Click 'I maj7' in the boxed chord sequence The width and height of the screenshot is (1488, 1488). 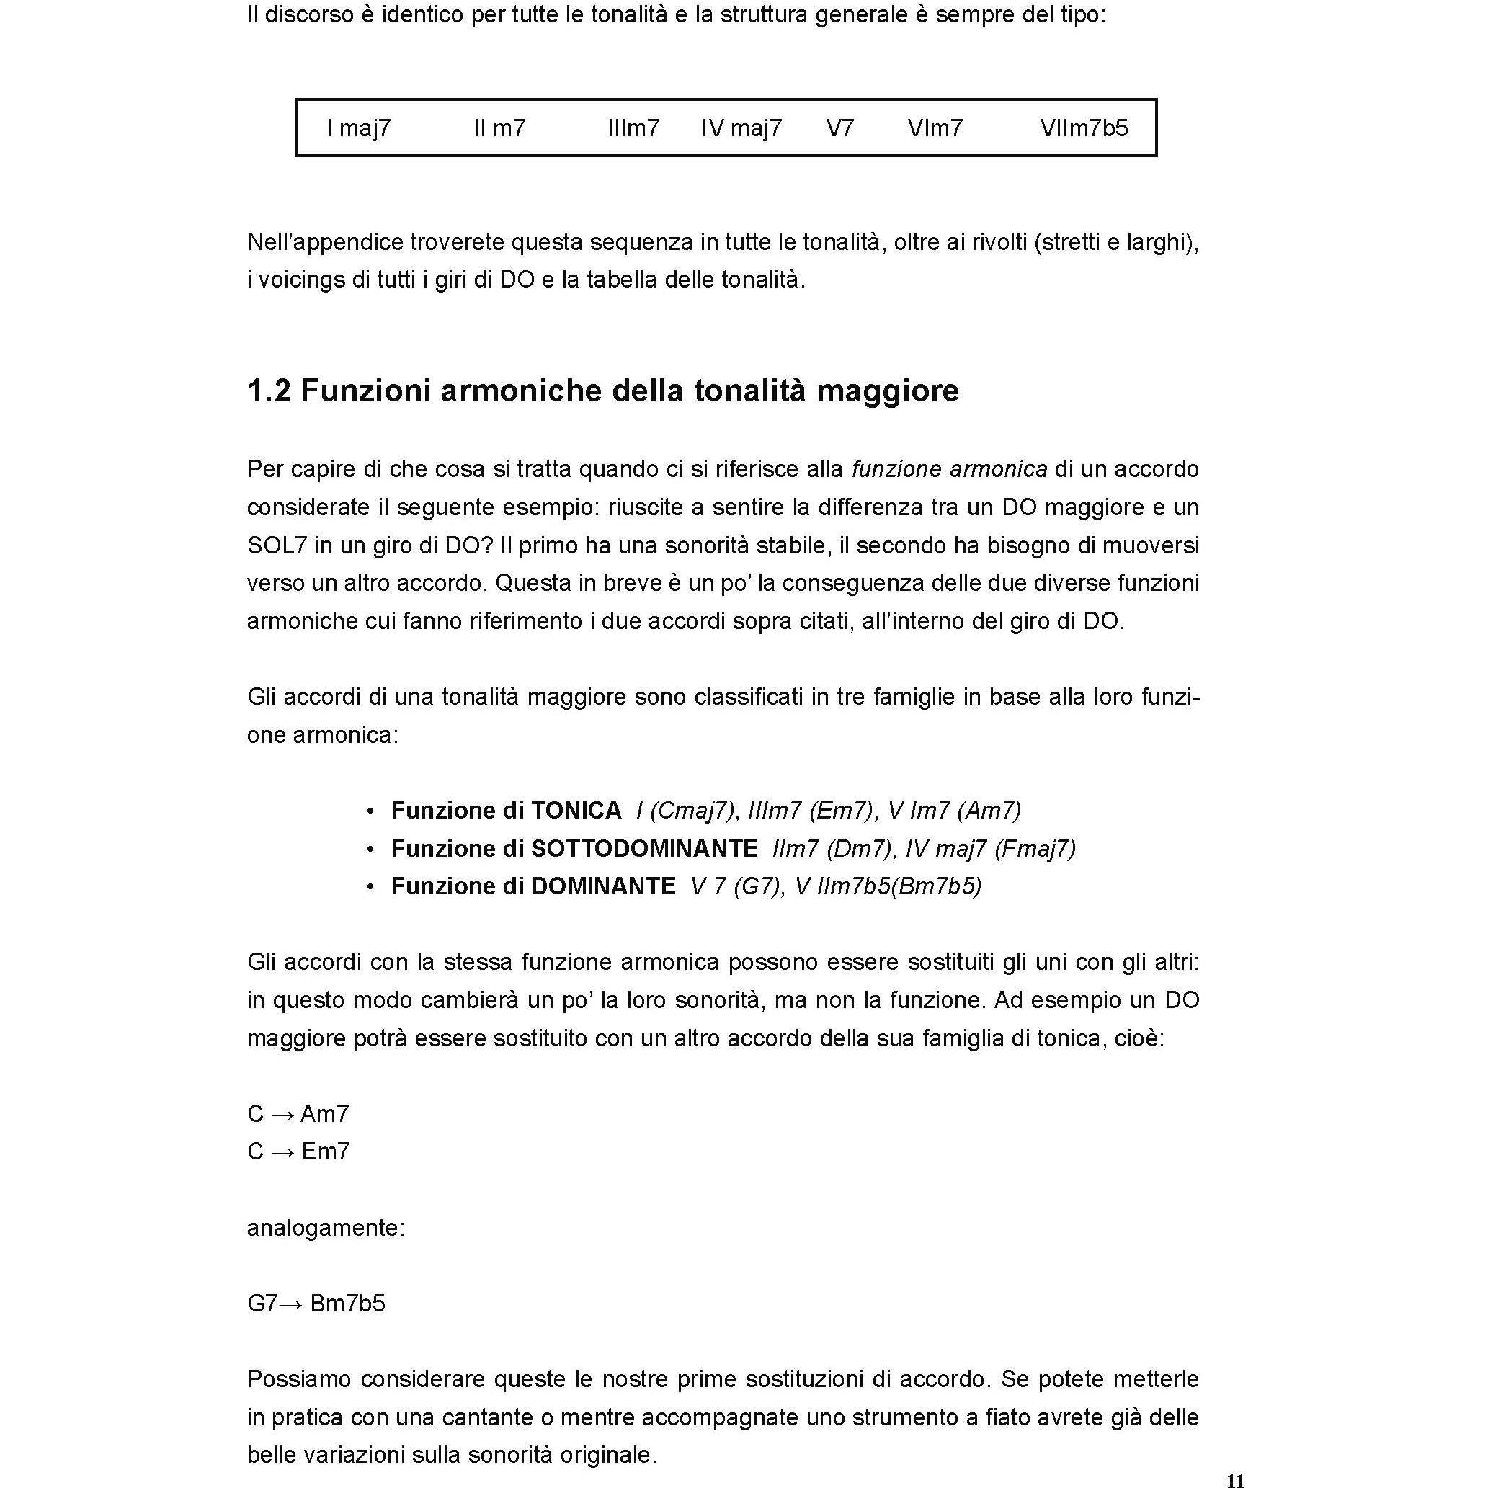(x=359, y=128)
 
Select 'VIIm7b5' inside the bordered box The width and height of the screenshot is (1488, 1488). (x=1084, y=128)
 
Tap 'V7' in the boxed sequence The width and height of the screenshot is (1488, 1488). (x=839, y=128)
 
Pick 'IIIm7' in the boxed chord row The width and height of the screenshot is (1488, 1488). (x=633, y=128)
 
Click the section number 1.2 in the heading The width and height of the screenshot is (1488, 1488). (x=269, y=391)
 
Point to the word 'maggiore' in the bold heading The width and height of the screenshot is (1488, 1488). (x=887, y=391)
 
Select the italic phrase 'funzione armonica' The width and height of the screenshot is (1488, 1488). (x=949, y=469)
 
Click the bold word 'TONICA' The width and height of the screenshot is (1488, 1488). (x=576, y=810)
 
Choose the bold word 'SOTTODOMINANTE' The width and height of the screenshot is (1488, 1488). (x=645, y=848)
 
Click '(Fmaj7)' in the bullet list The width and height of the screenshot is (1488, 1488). (x=1035, y=848)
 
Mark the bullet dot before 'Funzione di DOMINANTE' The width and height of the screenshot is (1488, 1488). (x=371, y=887)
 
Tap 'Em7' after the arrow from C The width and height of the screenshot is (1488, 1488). (x=326, y=1151)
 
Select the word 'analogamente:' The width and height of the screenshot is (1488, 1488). (x=326, y=1228)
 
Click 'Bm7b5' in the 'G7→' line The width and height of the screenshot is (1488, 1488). (x=347, y=1303)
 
